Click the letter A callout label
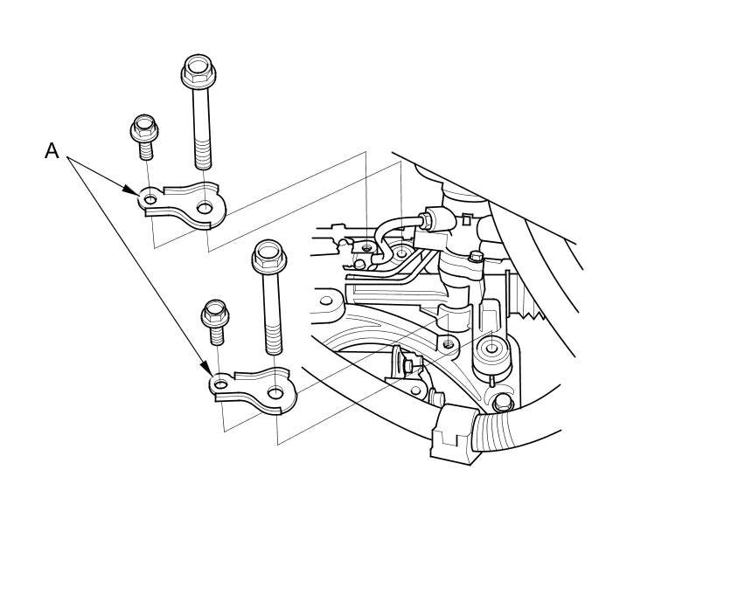(52, 151)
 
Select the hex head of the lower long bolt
(269, 256)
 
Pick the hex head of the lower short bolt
(215, 314)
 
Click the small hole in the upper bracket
(150, 198)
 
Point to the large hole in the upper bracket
(205, 207)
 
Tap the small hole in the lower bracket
(221, 384)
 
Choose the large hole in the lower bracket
(275, 393)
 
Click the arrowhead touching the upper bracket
(130, 190)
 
